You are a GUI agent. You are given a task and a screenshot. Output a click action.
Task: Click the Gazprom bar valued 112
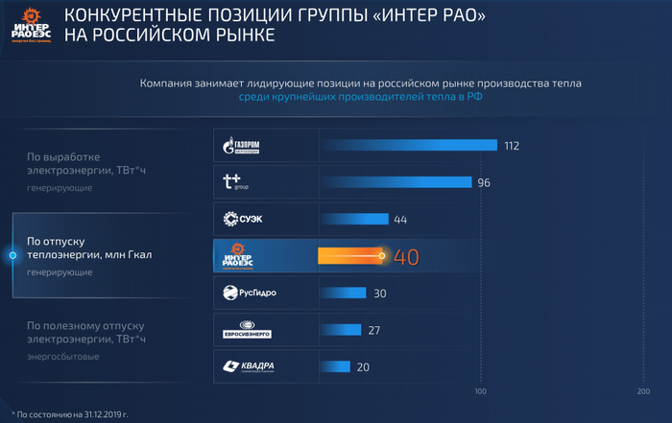pyautogui.click(x=408, y=146)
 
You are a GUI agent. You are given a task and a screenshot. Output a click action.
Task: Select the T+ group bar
pyautogui.click(x=396, y=182)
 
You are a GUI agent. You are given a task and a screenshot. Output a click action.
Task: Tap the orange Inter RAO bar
pyautogui.click(x=350, y=256)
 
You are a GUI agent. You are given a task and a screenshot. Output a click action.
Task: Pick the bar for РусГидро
pyautogui.click(x=343, y=294)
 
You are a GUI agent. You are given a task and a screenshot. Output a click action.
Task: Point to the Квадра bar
pyautogui.click(x=335, y=366)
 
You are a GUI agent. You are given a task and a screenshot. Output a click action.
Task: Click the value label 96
pyautogui.click(x=484, y=183)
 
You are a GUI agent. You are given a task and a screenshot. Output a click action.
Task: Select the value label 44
pyautogui.click(x=400, y=220)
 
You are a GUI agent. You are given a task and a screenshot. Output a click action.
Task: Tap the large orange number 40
pyautogui.click(x=407, y=257)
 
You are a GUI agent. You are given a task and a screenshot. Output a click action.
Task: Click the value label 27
pyautogui.click(x=374, y=330)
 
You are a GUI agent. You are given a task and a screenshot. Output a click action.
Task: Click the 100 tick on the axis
pyautogui.click(x=481, y=391)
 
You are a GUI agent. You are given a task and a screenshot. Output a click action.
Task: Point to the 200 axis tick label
pyautogui.click(x=643, y=391)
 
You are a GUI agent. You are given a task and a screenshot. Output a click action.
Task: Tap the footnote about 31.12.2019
pyautogui.click(x=72, y=414)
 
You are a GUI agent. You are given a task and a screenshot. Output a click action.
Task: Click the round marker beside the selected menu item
pyautogui.click(x=12, y=255)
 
